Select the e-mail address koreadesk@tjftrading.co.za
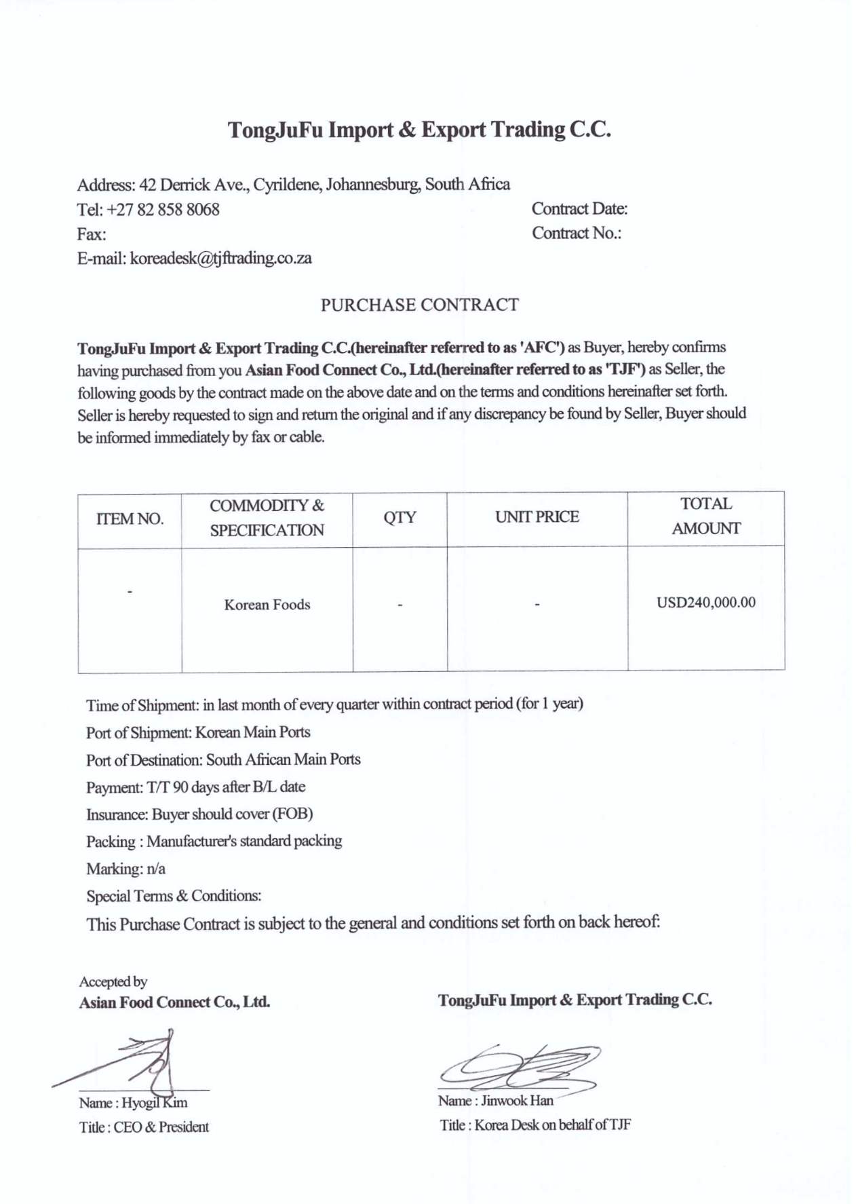(221, 259)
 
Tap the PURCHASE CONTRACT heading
(419, 305)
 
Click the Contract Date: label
(579, 209)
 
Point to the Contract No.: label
(576, 233)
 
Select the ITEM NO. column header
(130, 520)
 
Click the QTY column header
(400, 518)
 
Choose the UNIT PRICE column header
(537, 517)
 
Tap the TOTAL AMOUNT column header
(705, 516)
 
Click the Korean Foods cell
(267, 605)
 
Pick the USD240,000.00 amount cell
(705, 603)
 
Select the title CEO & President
(161, 1127)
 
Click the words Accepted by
(113, 982)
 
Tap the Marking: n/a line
(125, 869)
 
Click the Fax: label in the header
(92, 235)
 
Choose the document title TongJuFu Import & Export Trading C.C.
(419, 130)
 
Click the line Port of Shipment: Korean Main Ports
(198, 733)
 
